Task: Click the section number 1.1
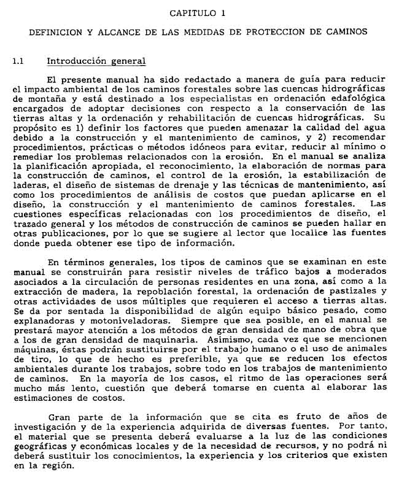(18, 61)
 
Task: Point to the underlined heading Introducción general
(96, 61)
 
